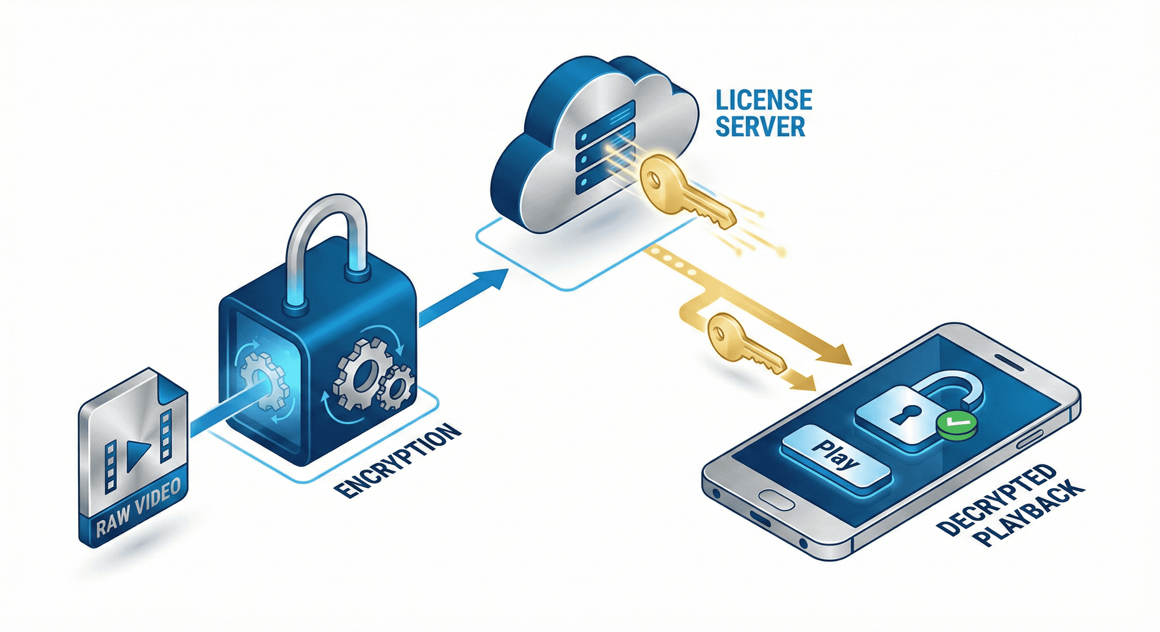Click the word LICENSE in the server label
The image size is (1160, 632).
(x=764, y=100)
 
